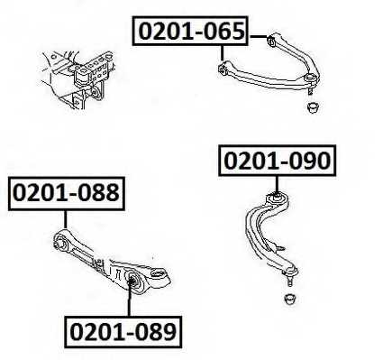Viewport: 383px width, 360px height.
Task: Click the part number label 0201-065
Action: (x=191, y=32)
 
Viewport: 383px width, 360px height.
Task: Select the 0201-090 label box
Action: (x=277, y=162)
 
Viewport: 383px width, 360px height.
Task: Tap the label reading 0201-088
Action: (x=66, y=192)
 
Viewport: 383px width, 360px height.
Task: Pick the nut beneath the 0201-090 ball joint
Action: (x=293, y=298)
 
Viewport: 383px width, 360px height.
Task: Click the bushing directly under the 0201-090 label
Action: (x=278, y=198)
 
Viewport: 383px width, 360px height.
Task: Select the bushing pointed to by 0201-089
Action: (x=132, y=279)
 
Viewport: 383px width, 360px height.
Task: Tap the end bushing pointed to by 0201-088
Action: (x=60, y=240)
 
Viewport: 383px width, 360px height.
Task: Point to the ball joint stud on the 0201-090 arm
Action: (x=291, y=276)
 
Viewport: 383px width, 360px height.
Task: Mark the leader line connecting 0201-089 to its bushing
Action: (x=130, y=302)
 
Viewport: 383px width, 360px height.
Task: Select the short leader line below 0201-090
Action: (x=277, y=181)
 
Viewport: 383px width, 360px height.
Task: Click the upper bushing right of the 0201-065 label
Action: (x=271, y=40)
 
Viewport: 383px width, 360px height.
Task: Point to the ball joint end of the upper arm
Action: (x=310, y=85)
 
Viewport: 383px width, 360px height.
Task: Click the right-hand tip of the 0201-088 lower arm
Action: (x=165, y=273)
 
